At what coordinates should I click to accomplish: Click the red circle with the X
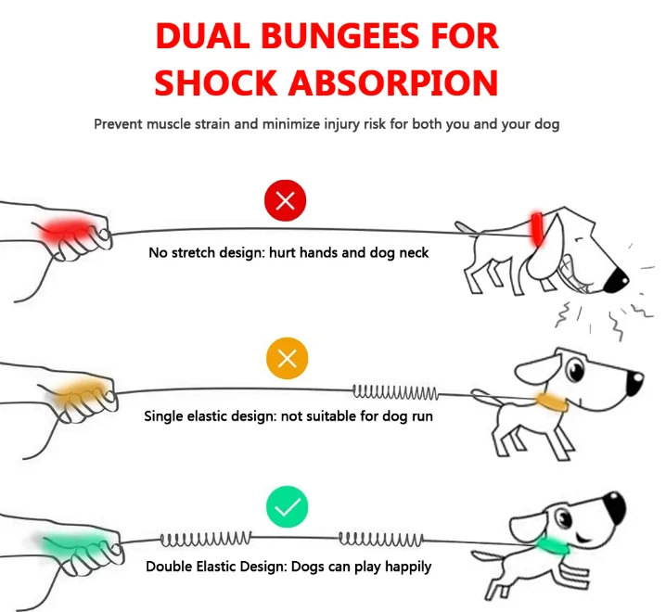(x=287, y=202)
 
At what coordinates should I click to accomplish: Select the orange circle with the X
(x=287, y=359)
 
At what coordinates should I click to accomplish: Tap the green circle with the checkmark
(x=287, y=507)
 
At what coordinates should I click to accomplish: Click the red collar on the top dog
(x=535, y=225)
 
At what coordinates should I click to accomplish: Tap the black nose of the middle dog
(x=634, y=378)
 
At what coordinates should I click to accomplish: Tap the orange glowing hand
(x=78, y=397)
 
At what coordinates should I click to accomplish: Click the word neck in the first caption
(x=412, y=252)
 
